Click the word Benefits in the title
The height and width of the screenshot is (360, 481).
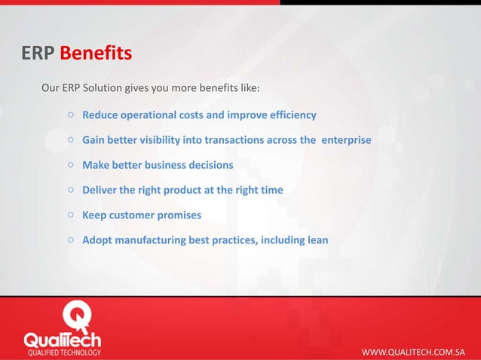coord(96,53)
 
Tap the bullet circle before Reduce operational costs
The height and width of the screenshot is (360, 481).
coord(69,115)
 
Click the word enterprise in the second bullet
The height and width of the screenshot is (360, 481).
coord(346,140)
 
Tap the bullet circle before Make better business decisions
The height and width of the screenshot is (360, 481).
coord(69,164)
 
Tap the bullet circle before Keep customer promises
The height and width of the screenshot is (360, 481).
coord(69,215)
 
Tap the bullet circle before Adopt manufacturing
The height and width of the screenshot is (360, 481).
coord(69,240)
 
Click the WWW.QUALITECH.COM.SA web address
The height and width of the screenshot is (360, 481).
coord(413,352)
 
